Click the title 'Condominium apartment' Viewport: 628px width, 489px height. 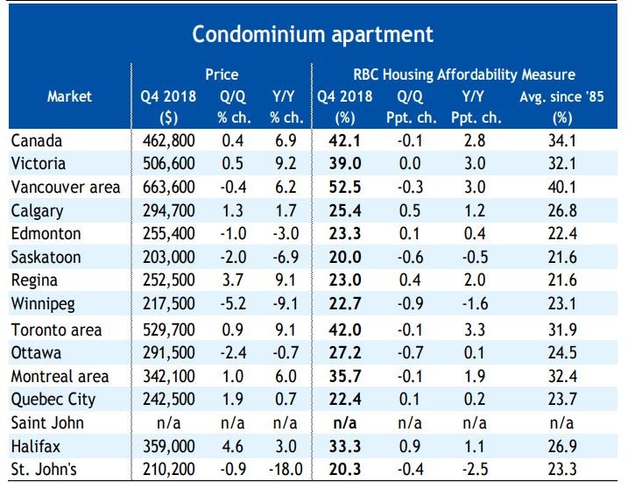[313, 35]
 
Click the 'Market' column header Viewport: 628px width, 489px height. [70, 96]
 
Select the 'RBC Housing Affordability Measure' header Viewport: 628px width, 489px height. [464, 74]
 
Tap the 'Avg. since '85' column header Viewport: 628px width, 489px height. [561, 96]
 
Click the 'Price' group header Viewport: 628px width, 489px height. [222, 74]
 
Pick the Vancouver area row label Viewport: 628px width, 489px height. [66, 188]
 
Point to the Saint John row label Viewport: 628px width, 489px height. [47, 423]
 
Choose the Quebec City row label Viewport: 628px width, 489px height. [53, 400]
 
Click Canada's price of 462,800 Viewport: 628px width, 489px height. [169, 141]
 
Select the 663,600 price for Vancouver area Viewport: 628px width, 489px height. [169, 188]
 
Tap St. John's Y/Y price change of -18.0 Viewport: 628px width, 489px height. [286, 469]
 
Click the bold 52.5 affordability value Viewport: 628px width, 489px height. [345, 188]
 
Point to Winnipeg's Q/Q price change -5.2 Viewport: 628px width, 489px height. [233, 303]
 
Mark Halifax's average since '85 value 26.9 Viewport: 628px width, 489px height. [562, 446]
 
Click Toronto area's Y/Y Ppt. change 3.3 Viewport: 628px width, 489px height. [475, 330]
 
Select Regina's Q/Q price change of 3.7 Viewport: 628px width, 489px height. [232, 280]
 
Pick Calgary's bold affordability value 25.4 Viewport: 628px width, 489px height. [345, 210]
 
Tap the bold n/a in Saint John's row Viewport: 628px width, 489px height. [345, 423]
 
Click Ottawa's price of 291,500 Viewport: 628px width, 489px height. [169, 352]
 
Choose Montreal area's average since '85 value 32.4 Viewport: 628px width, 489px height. [562, 376]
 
